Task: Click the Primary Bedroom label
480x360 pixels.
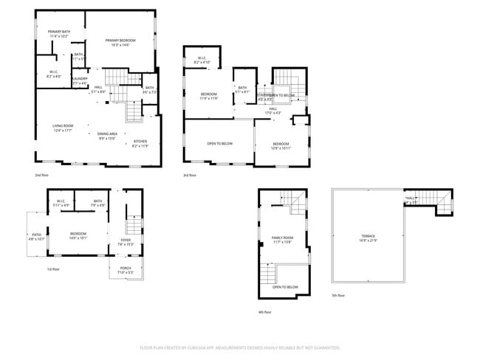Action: [x=117, y=41]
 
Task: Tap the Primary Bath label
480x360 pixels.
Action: [x=58, y=32]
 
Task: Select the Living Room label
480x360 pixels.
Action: [x=62, y=126]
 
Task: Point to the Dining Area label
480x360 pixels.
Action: [x=108, y=134]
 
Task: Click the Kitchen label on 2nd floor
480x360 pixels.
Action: [x=140, y=142]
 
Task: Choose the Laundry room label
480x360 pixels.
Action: [x=80, y=79]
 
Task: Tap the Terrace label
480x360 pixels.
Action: [x=368, y=236]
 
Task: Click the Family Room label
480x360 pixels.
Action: [x=282, y=238]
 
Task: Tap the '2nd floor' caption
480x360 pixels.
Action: [x=42, y=175]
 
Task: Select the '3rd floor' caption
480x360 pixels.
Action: [x=191, y=175]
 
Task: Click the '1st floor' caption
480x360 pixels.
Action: [x=53, y=269]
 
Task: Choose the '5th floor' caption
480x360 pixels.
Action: [x=338, y=295]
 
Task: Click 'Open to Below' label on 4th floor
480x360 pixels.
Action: [x=285, y=286]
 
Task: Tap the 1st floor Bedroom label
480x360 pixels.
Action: [x=78, y=234]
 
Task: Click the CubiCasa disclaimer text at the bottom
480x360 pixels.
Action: [x=240, y=347]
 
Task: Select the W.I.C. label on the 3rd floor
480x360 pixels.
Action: [x=202, y=59]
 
